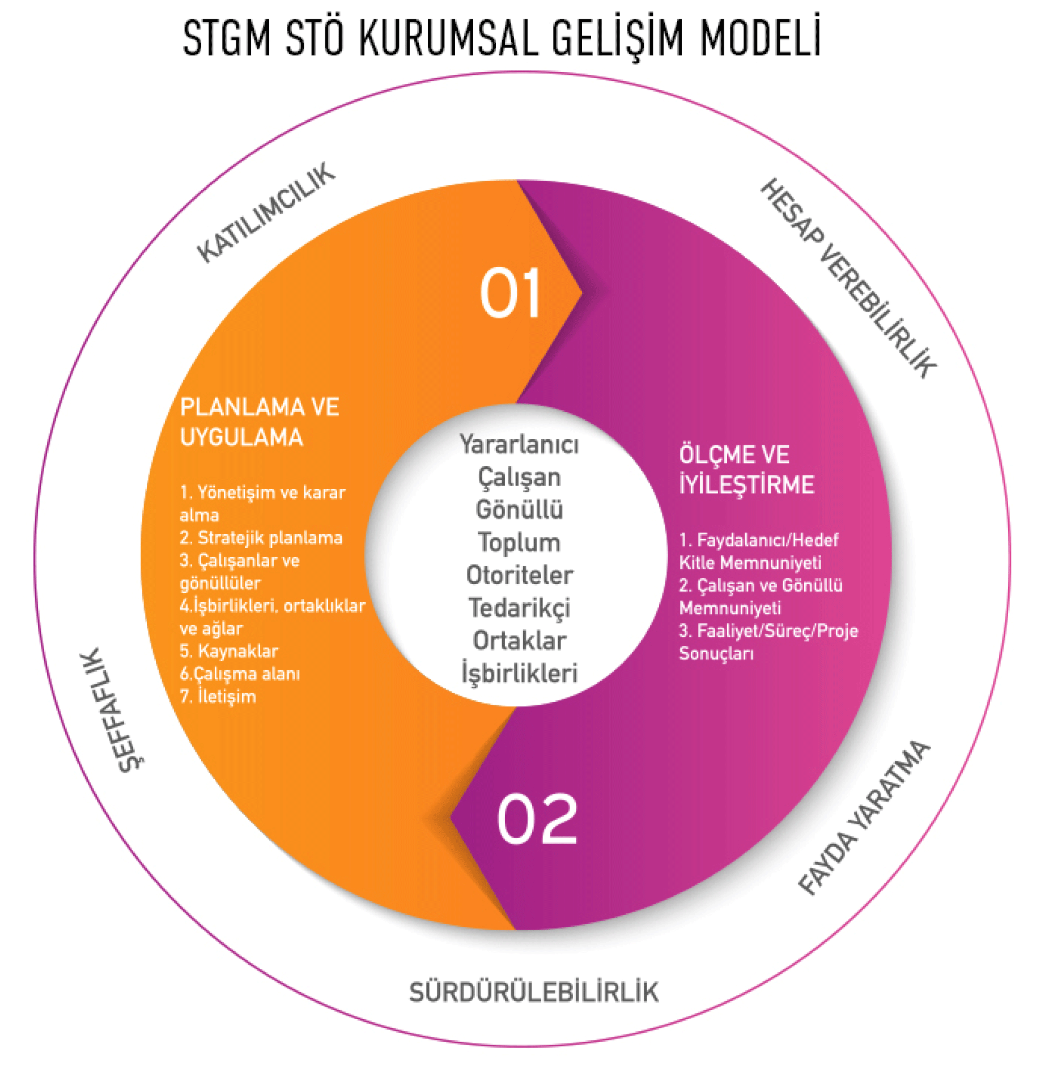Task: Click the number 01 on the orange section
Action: (510, 293)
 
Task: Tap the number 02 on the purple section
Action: (537, 819)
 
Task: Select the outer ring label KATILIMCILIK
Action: (266, 213)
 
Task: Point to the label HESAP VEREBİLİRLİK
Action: (848, 278)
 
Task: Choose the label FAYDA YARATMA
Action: (863, 818)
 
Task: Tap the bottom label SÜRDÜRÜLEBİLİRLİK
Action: (533, 993)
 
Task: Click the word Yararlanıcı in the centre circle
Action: (519, 444)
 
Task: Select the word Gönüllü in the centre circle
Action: (519, 510)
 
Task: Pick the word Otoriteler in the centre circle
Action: (519, 576)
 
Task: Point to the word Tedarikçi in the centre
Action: (519, 608)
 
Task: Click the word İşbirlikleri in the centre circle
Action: (519, 674)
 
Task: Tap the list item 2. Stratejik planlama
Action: (261, 538)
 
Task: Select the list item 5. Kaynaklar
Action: (229, 651)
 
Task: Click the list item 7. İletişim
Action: (218, 696)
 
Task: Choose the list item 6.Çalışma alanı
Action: (240, 674)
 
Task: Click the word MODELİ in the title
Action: (760, 37)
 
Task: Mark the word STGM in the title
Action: (227, 37)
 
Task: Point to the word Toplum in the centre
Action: (519, 543)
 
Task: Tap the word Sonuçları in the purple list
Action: (716, 653)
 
